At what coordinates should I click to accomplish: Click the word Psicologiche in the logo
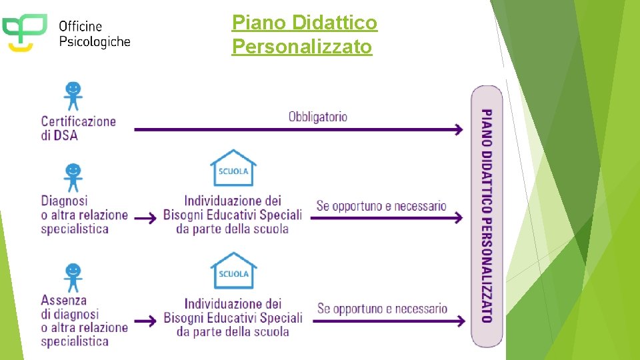point(95,41)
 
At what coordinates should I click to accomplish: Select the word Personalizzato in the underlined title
point(302,47)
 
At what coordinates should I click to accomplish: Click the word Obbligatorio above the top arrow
point(318,117)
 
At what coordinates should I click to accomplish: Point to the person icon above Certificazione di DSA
point(73,96)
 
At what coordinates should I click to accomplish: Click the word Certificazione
point(79,121)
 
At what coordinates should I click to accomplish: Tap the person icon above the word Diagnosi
point(73,177)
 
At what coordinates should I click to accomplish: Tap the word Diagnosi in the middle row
point(65,200)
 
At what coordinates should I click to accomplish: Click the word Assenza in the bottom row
point(64,300)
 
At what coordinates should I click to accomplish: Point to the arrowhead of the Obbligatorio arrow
point(459,129)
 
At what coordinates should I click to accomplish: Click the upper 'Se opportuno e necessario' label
point(381,206)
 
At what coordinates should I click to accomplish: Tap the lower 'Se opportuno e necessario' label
point(382,309)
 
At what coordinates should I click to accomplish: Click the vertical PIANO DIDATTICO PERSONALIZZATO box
point(487,215)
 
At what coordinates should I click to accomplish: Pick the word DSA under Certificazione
point(67,135)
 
